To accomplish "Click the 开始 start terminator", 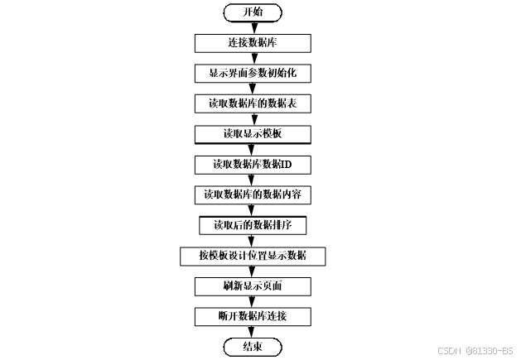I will click(253, 12).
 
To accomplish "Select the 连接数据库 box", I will click(253, 42).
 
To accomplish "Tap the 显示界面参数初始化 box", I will click(253, 73).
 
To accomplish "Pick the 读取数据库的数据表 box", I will click(253, 103).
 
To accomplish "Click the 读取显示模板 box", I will click(253, 134).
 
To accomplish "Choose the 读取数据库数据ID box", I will click(253, 165).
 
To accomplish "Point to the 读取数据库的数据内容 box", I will click(253, 195).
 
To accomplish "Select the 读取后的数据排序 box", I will click(253, 225).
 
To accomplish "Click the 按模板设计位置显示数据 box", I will click(253, 256).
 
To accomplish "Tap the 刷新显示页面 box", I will click(253, 286).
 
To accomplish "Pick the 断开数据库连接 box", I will click(253, 316).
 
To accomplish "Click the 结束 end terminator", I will click(253, 347).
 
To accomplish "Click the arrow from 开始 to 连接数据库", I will click(253, 27).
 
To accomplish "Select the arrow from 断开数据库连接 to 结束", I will click(253, 332).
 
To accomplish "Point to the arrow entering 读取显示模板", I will click(253, 119).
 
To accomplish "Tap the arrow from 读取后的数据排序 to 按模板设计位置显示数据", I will click(253, 241).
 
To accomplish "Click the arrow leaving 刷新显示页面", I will click(253, 301).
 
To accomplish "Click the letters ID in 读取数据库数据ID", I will click(286, 165).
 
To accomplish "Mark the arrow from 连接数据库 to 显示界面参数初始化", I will click(253, 58).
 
